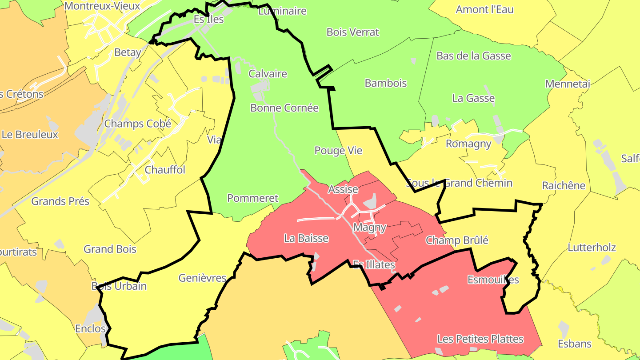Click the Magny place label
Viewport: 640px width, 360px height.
pyautogui.click(x=369, y=228)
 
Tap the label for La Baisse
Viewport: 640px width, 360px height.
pyautogui.click(x=306, y=238)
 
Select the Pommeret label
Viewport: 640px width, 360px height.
pyautogui.click(x=252, y=198)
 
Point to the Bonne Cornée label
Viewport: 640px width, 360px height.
pyautogui.click(x=284, y=108)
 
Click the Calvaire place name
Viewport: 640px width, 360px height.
pyautogui.click(x=268, y=74)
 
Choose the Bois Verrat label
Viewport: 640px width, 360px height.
pyautogui.click(x=352, y=32)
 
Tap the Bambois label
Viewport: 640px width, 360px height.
pyautogui.click(x=385, y=83)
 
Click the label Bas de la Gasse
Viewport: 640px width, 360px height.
pyautogui.click(x=473, y=56)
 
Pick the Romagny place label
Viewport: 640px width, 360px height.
pyautogui.click(x=468, y=144)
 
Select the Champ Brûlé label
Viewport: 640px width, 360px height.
pyautogui.click(x=457, y=240)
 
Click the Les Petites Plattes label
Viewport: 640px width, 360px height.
pyautogui.click(x=480, y=339)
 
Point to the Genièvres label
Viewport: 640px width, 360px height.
pyautogui.click(x=202, y=278)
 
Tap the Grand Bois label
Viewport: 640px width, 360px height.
pyautogui.click(x=110, y=249)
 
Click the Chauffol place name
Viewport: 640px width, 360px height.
pyautogui.click(x=165, y=170)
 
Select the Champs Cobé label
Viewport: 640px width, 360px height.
pyautogui.click(x=137, y=124)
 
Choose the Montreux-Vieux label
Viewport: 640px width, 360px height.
pyautogui.click(x=102, y=6)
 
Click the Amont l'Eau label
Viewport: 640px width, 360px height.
pyautogui.click(x=484, y=10)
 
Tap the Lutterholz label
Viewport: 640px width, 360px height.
pyautogui.click(x=592, y=248)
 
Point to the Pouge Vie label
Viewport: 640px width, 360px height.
pyautogui.click(x=338, y=151)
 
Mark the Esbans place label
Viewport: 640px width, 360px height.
pyautogui.click(x=575, y=344)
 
